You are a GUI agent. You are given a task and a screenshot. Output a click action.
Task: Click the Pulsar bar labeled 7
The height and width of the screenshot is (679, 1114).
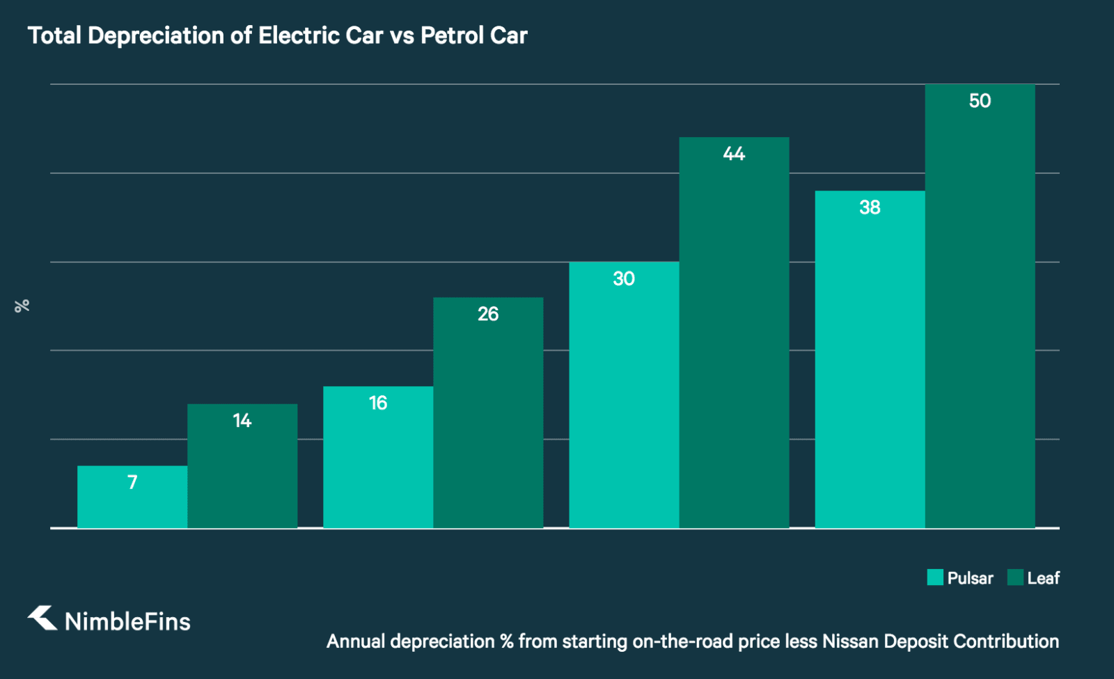pyautogui.click(x=132, y=497)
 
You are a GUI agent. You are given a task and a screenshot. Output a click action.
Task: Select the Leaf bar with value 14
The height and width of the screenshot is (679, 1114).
pyautogui.click(x=242, y=466)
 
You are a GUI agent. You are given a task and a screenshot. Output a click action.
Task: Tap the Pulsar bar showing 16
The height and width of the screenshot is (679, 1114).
pyautogui.click(x=378, y=457)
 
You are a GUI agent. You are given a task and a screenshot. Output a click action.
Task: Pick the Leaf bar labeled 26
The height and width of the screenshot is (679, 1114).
pyautogui.click(x=488, y=413)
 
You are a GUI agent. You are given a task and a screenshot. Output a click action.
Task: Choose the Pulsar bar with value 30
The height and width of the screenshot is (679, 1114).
pyautogui.click(x=624, y=394)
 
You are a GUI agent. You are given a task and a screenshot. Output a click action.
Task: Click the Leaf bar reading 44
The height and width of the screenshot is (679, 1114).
pyautogui.click(x=734, y=333)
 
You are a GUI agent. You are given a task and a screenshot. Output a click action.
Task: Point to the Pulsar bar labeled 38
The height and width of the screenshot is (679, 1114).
pyautogui.click(x=870, y=359)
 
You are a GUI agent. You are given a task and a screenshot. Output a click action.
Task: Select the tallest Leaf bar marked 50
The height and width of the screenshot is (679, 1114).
pyautogui.click(x=980, y=306)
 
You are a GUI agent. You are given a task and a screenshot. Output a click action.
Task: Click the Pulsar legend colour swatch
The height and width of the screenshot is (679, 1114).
pyautogui.click(x=935, y=577)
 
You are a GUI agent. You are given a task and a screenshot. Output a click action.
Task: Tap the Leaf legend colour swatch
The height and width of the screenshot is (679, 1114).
pyautogui.click(x=1015, y=577)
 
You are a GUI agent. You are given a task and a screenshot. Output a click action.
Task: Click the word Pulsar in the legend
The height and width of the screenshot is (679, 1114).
pyautogui.click(x=970, y=578)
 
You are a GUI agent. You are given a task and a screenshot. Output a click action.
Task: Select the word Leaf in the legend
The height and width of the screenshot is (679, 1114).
pyautogui.click(x=1043, y=578)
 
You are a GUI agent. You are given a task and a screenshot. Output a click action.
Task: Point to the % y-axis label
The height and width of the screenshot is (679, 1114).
pyautogui.click(x=22, y=305)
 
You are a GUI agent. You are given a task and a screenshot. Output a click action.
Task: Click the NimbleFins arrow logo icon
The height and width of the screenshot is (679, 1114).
pyautogui.click(x=42, y=618)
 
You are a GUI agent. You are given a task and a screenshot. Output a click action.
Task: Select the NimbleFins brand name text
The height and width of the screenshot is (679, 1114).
pyautogui.click(x=127, y=621)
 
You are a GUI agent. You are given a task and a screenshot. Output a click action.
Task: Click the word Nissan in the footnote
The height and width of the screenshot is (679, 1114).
pyautogui.click(x=850, y=641)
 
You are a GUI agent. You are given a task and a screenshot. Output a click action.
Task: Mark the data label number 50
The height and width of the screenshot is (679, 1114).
pyautogui.click(x=980, y=101)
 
